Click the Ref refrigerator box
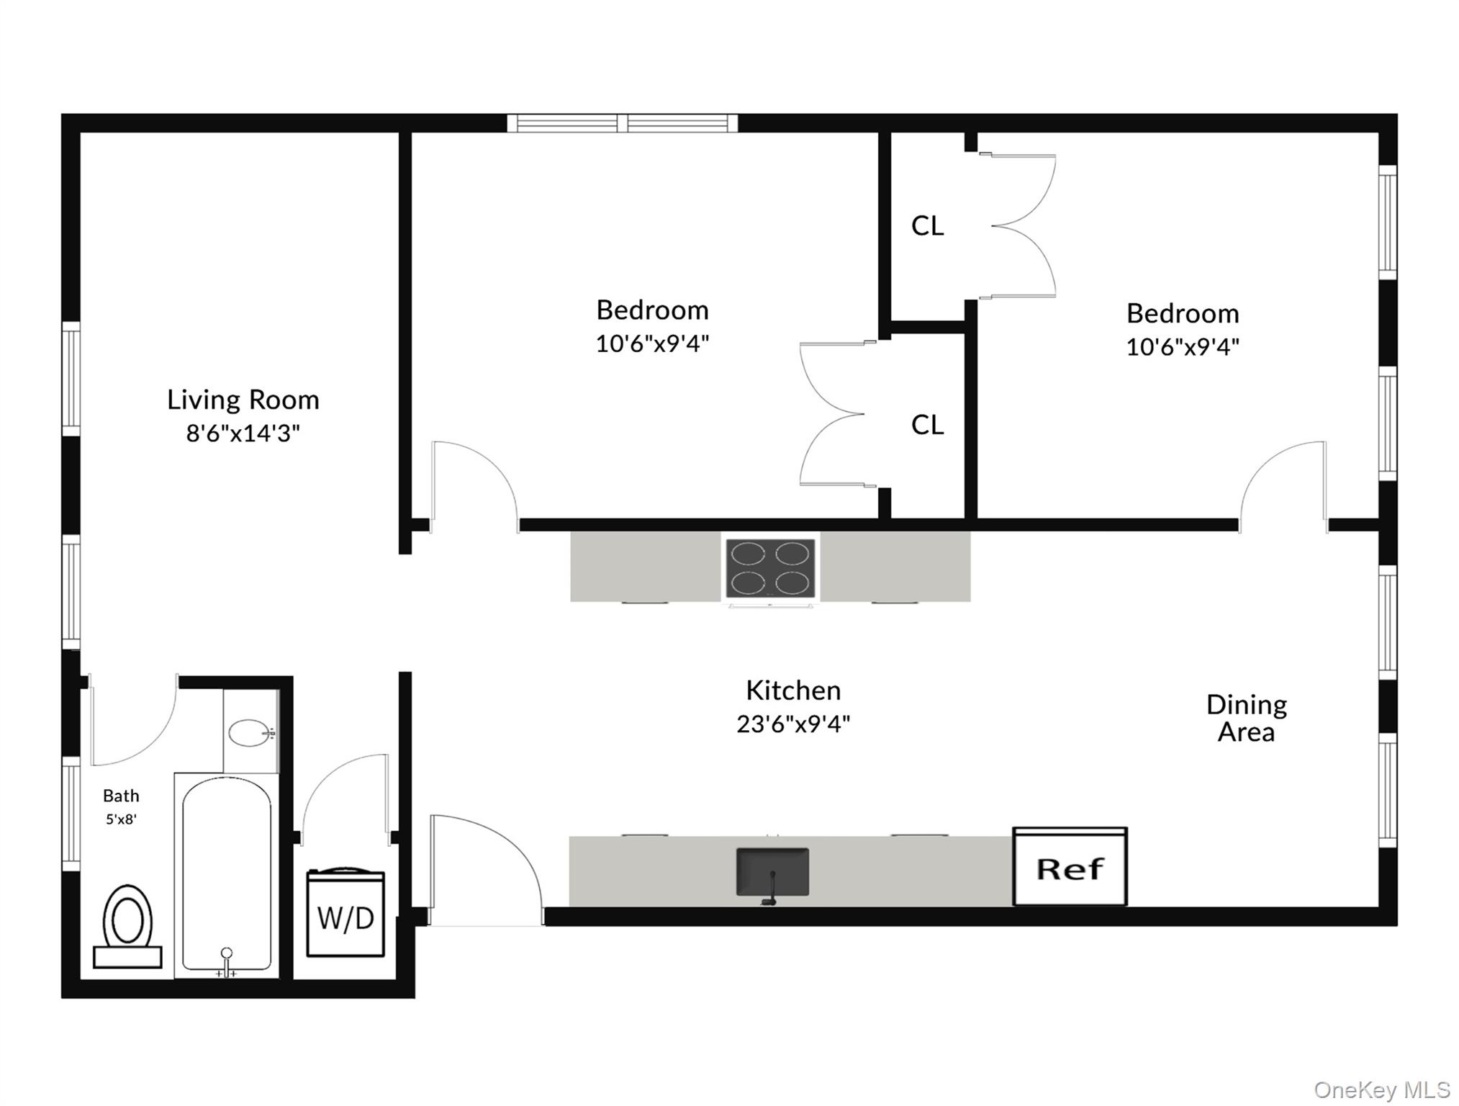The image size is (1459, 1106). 1070,868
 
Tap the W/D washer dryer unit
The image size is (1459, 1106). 345,914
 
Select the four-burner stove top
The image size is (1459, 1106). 770,568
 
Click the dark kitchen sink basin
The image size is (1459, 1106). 772,871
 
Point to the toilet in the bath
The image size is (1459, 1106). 127,918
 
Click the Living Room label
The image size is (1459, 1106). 243,400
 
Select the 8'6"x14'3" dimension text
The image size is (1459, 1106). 243,433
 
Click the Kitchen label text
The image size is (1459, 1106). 793,691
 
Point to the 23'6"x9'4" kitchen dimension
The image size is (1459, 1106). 793,724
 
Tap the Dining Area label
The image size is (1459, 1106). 1247,718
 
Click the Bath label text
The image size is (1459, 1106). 121,796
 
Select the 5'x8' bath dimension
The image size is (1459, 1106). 121,819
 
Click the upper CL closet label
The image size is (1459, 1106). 927,226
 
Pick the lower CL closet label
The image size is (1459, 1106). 927,425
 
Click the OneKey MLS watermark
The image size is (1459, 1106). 1382,1089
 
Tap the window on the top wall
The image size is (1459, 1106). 623,123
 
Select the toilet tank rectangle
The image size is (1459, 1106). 127,957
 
